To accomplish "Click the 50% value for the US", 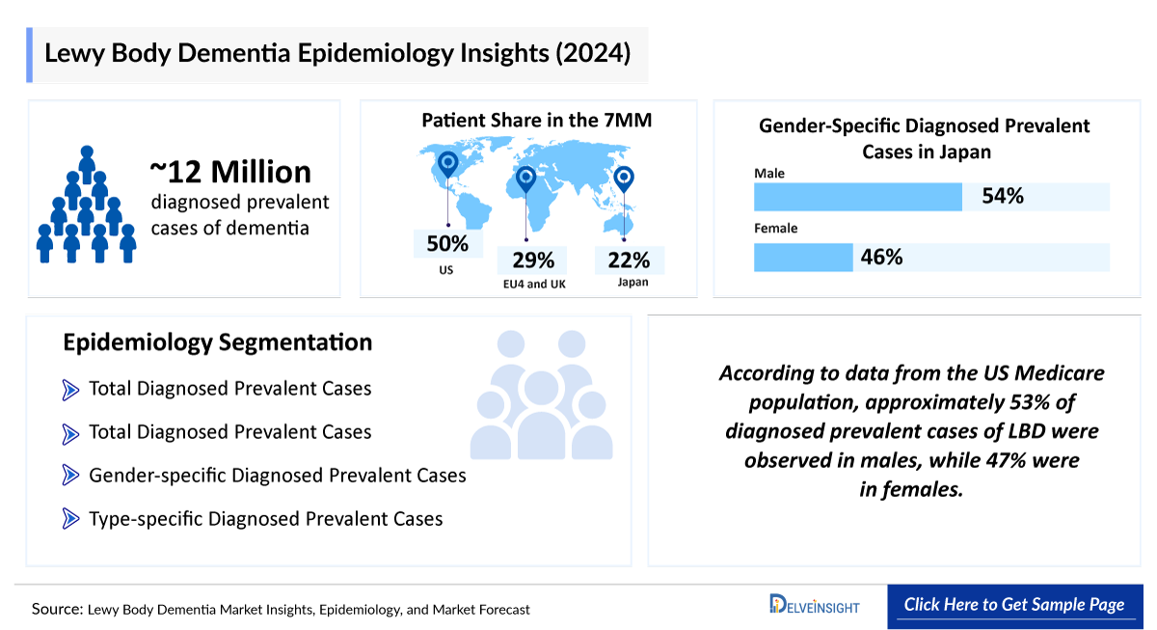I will click(x=446, y=243).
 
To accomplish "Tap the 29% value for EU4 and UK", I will click(x=532, y=260).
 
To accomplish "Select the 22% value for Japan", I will click(x=629, y=260).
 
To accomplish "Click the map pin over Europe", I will click(x=525, y=179).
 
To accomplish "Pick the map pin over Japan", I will click(x=624, y=178).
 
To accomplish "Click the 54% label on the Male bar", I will click(x=1002, y=197).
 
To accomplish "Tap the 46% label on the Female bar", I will click(x=881, y=257).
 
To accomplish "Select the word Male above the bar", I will click(x=769, y=174).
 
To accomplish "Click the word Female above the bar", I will click(x=775, y=230).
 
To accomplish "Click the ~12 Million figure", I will click(x=230, y=172).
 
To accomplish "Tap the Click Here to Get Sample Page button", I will click(x=1013, y=605).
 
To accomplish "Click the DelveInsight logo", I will click(x=814, y=605).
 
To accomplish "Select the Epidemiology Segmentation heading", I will click(x=217, y=342).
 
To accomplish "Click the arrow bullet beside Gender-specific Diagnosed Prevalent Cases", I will click(x=70, y=475).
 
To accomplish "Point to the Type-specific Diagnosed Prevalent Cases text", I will click(x=265, y=519).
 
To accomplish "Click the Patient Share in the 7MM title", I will click(x=536, y=121).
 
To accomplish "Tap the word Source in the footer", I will click(x=56, y=609).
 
